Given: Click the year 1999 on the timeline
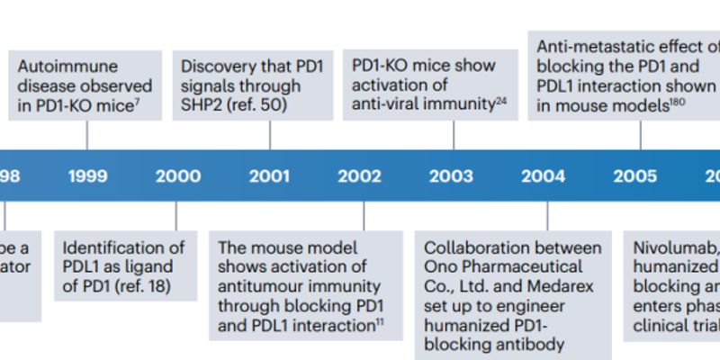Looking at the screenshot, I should click(x=87, y=176).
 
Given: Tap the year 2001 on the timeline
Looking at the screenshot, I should click(x=269, y=176).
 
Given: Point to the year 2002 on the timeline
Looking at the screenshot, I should click(x=360, y=176).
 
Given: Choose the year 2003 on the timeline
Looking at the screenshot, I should click(x=451, y=176).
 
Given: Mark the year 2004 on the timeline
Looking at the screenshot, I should click(x=543, y=176).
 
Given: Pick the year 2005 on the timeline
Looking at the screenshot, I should click(x=635, y=176).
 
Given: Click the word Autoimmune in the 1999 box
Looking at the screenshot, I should click(x=67, y=67).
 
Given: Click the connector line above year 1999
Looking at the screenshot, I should click(x=87, y=135).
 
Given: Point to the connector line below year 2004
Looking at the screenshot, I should click(x=547, y=216).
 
